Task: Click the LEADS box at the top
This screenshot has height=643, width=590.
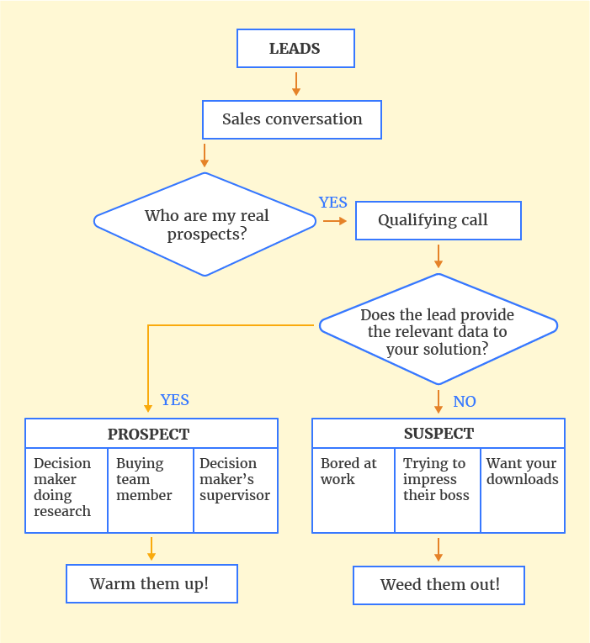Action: [295, 48]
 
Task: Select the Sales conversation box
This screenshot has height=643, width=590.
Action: [292, 119]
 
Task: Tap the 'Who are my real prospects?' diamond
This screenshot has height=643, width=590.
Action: [206, 224]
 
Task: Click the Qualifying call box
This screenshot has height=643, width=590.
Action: [438, 221]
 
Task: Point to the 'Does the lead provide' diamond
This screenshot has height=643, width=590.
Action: [438, 331]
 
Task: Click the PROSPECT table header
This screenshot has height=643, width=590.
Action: [151, 434]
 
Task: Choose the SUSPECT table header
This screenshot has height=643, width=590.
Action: [438, 434]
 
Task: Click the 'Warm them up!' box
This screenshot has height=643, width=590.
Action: [151, 583]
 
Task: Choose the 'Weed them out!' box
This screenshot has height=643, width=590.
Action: [439, 585]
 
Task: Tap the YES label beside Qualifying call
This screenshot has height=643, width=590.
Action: [333, 203]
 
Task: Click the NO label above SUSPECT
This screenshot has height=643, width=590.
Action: [465, 402]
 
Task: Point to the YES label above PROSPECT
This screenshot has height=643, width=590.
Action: [175, 400]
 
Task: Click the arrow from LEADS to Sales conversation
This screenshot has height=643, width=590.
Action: [295, 84]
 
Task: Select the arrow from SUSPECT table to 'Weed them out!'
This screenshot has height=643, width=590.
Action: [439, 549]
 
